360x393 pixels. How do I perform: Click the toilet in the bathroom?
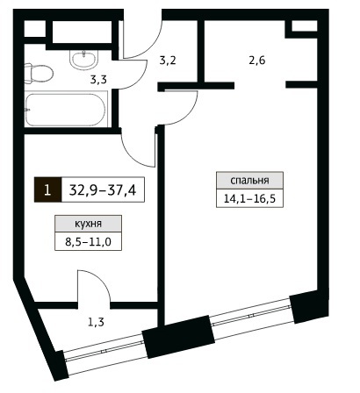click(38, 73)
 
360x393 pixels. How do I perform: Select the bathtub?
click(66, 110)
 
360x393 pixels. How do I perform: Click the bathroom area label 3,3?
click(97, 79)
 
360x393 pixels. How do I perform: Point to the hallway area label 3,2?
click(168, 61)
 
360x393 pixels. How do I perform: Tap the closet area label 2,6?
click(257, 61)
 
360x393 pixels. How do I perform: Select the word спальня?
click(249, 181)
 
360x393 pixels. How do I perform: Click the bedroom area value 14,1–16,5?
click(249, 199)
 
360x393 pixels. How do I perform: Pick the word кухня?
click(88, 224)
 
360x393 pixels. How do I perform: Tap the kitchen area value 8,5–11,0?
click(88, 242)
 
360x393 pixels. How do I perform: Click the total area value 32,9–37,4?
click(103, 190)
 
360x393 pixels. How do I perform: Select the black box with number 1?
click(47, 189)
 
